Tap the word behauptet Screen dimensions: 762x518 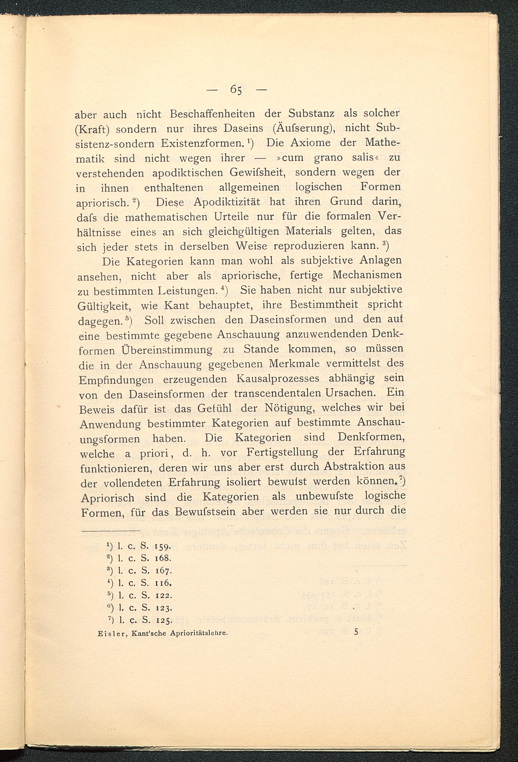coord(226,306)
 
